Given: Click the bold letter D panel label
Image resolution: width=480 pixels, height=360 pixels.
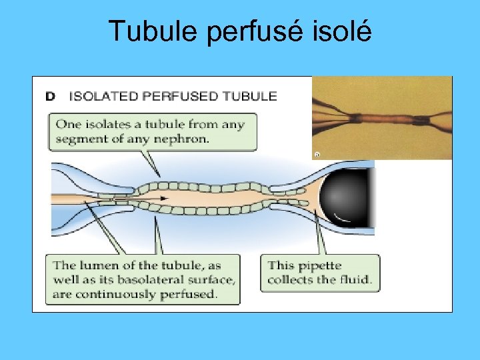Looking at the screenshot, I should [x=51, y=97].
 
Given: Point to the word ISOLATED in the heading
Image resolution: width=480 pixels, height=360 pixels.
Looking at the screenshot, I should [x=106, y=97].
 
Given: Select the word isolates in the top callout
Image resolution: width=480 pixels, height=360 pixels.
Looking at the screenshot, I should [x=100, y=124].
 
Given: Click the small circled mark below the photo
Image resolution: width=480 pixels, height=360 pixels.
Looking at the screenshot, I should [x=317, y=155].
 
